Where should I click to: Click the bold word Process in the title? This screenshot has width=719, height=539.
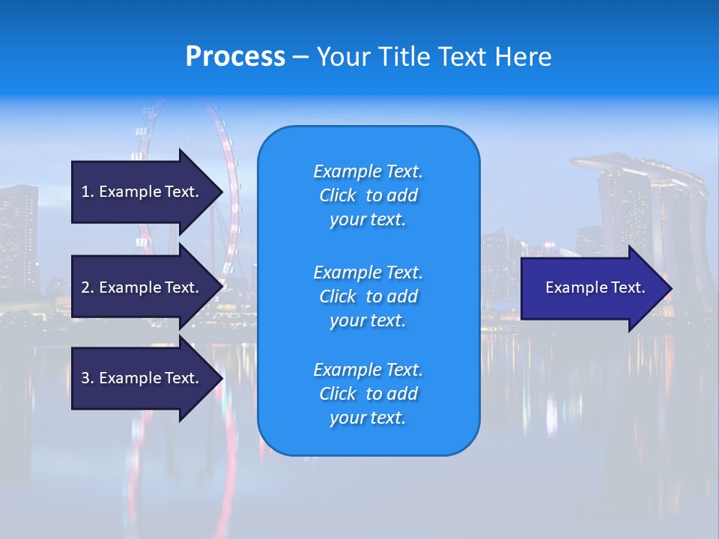(x=235, y=56)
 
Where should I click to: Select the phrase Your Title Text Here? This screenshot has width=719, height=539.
(x=434, y=56)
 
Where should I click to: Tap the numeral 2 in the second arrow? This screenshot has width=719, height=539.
(x=85, y=287)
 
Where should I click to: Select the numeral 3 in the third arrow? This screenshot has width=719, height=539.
(x=85, y=378)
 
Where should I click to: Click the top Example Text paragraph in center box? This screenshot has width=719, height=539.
(x=368, y=195)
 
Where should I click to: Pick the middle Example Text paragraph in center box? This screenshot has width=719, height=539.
(x=368, y=296)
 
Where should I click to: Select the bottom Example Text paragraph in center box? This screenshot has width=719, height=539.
(x=368, y=394)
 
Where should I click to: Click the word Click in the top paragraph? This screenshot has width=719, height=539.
(x=338, y=195)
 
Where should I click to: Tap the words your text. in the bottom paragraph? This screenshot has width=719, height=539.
(x=368, y=418)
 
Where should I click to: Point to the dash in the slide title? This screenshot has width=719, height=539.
(x=300, y=57)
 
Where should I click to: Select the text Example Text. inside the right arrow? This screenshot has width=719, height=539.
(x=595, y=287)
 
